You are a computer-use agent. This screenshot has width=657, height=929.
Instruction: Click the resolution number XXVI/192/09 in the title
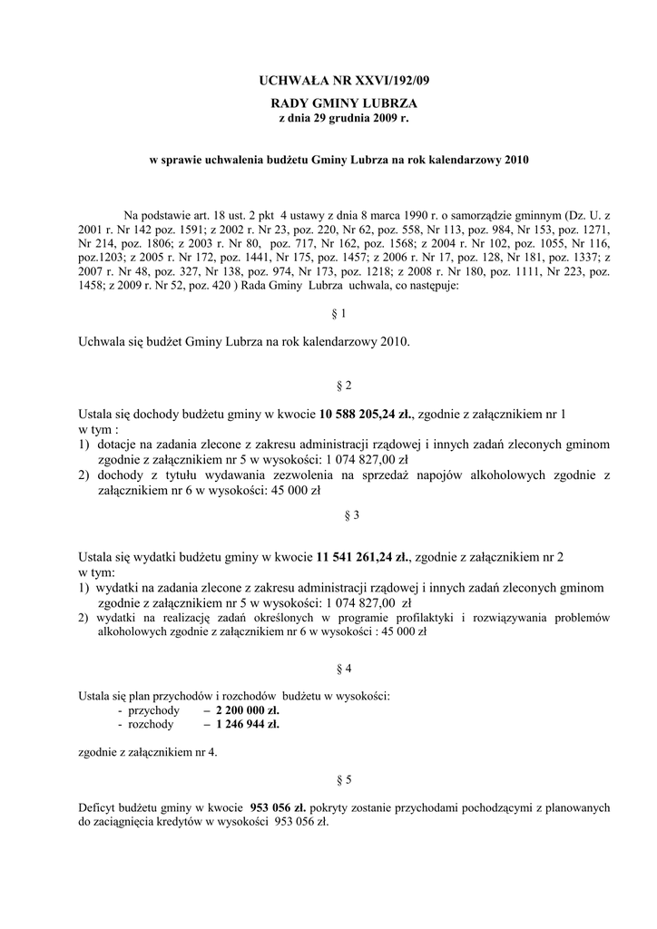coord(382,81)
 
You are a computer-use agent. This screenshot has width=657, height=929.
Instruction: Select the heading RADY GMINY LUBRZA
coord(344,105)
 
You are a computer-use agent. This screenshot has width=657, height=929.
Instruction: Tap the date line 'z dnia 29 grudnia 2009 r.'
coord(344,119)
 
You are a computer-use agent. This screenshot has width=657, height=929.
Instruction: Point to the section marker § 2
coord(344,386)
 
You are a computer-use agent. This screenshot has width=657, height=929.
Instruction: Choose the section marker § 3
coord(344,514)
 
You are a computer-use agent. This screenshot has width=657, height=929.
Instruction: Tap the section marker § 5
coord(344,779)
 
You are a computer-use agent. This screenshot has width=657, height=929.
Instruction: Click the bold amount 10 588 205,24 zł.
coord(365,415)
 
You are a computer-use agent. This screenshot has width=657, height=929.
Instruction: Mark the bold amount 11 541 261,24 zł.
coord(364,556)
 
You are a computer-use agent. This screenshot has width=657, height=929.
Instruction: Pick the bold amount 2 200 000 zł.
coord(241,710)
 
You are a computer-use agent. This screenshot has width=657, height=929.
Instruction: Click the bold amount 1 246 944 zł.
coord(241,725)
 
